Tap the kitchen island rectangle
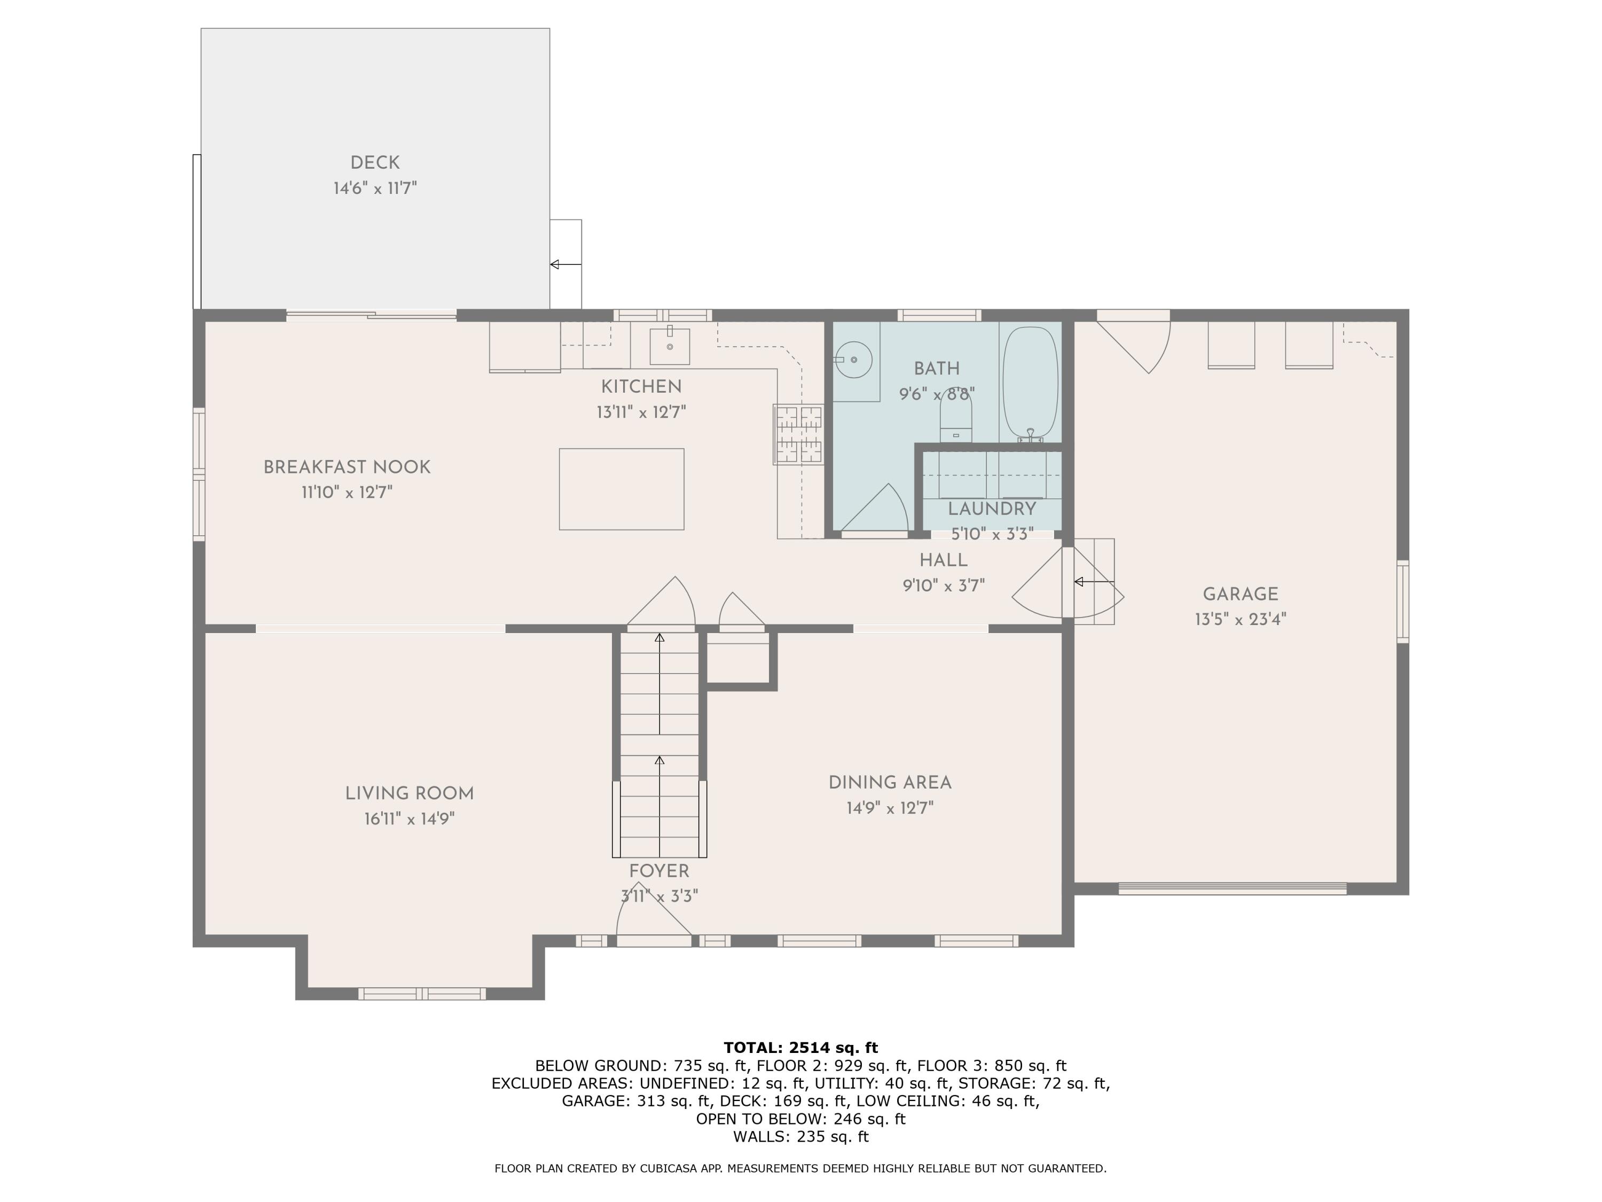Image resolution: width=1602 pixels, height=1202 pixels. point(622,489)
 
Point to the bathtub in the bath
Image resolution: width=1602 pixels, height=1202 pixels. point(1030,382)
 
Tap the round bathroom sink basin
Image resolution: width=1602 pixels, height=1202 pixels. point(854,360)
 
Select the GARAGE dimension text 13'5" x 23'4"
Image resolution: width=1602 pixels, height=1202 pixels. point(1240,620)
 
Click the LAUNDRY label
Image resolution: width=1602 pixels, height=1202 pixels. point(992,509)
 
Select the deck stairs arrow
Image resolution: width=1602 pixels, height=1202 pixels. point(566,264)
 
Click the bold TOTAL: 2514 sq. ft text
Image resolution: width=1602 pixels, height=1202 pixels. point(800,1047)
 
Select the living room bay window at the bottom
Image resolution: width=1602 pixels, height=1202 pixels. point(422,993)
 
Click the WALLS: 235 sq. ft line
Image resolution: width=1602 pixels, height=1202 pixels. point(800,1136)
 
